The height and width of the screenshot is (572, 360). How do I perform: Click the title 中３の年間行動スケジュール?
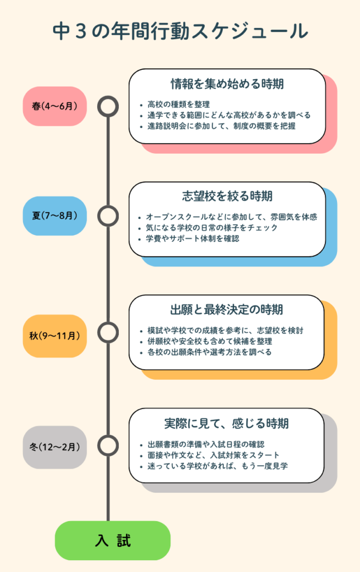pos(180,31)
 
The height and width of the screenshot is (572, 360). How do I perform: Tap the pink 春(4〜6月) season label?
pos(55,106)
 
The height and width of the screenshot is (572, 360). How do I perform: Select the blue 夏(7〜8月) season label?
pos(55,215)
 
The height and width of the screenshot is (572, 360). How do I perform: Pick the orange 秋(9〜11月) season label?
pos(55,336)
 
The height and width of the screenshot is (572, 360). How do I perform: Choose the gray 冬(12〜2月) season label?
pos(55,447)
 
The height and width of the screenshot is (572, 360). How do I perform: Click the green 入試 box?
pos(112,540)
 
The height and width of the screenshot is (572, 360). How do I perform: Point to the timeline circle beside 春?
pos(108,106)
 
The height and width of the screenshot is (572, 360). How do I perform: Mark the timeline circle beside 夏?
pos(108,216)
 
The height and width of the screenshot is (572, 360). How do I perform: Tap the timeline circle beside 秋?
pos(108,333)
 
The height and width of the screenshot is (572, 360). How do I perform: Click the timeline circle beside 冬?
pos(108,446)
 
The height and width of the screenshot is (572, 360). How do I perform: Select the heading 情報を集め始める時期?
pos(227,84)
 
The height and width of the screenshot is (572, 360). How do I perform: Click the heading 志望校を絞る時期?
pos(227,197)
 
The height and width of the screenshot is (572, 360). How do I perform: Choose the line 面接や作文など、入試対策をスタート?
pos(214,455)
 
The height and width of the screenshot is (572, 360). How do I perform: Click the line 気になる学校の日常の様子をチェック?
pos(210,227)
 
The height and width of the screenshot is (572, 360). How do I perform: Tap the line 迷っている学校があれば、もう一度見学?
pos(218,465)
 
